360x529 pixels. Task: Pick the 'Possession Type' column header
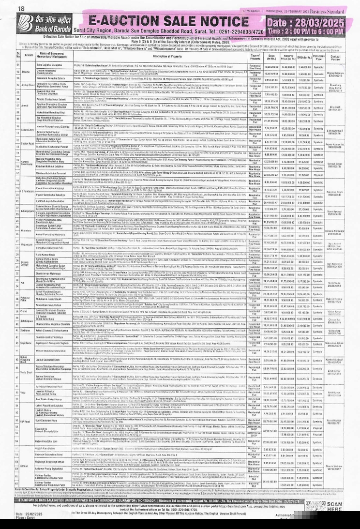[318, 55]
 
